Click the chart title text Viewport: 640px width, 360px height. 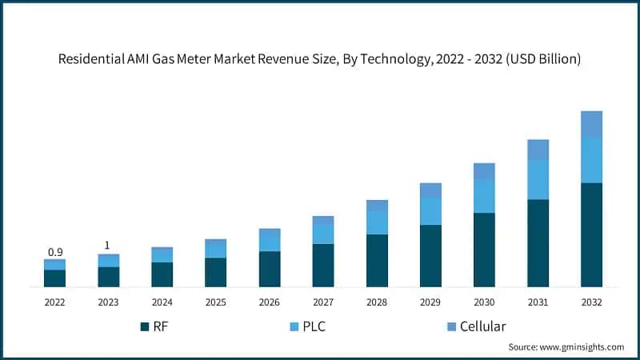pyautogui.click(x=320, y=58)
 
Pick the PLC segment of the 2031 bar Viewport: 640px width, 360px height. pyautogui.click(x=538, y=179)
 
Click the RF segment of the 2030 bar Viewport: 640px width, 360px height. pyautogui.click(x=484, y=250)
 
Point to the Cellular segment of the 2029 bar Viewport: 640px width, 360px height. pyautogui.click(x=430, y=190)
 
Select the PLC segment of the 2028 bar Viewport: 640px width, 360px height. pyautogui.click(x=377, y=222)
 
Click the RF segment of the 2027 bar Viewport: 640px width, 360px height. pyautogui.click(x=323, y=265)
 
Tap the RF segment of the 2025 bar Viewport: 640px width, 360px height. pyautogui.click(x=215, y=272)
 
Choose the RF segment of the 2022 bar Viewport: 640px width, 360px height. pyautogui.click(x=54, y=278)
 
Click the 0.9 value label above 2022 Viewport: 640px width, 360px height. pyautogui.click(x=54, y=252)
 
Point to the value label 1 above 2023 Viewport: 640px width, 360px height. pyautogui.click(x=108, y=246)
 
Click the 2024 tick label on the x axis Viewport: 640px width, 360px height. pyautogui.click(x=162, y=302)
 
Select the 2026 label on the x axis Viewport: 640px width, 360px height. pyautogui.click(x=269, y=302)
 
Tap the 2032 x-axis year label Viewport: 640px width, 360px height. pyautogui.click(x=591, y=302)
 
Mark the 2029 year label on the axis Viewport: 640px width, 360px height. pyautogui.click(x=430, y=302)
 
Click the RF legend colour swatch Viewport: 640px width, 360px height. pyautogui.click(x=145, y=326)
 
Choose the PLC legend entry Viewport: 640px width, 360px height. pyautogui.click(x=327, y=326)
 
